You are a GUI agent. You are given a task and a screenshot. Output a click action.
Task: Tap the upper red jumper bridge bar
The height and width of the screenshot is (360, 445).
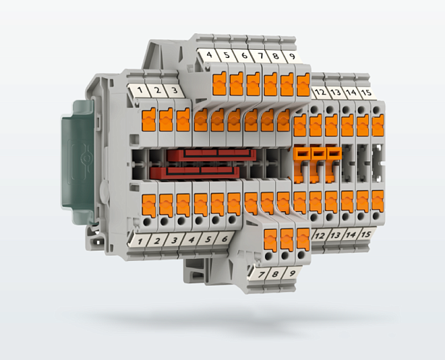click(x=211, y=155)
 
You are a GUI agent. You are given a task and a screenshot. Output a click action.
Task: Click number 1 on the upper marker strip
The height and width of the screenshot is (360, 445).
click(x=140, y=90)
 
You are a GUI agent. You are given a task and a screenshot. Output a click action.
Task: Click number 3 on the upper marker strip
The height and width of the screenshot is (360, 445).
click(x=174, y=90)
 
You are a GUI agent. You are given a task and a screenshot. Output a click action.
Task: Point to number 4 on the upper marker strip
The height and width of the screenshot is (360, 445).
click(x=209, y=54)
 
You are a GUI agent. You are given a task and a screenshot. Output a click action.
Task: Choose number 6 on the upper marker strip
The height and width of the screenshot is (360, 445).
click(x=245, y=55)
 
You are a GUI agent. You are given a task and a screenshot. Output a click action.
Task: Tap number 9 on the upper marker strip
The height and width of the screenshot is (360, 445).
click(x=292, y=56)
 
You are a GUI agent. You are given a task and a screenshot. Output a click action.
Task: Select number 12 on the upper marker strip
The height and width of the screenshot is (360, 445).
click(x=320, y=92)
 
